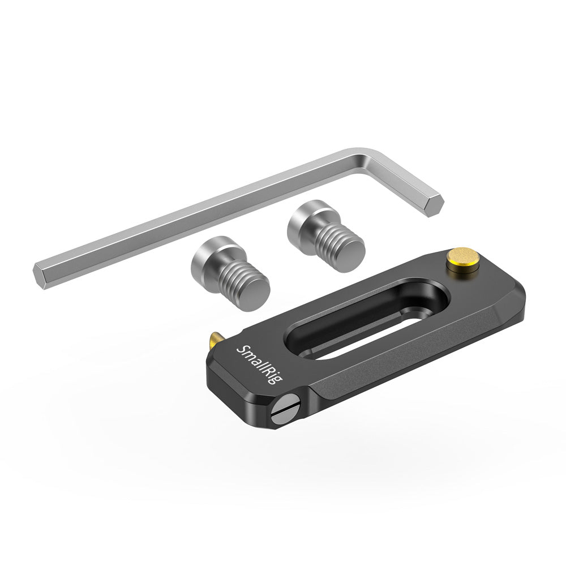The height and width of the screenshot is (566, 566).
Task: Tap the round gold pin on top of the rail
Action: [457, 259]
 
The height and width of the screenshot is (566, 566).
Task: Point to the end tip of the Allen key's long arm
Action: [40, 275]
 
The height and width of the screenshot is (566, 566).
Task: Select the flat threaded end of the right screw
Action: [346, 253]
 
